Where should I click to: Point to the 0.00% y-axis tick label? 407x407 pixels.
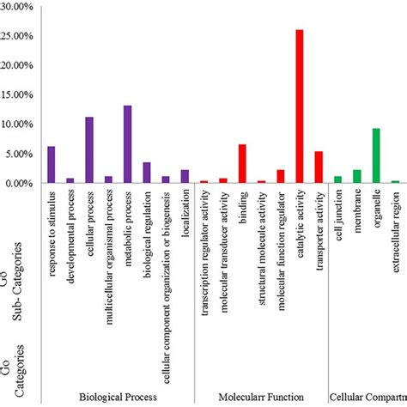18,183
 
